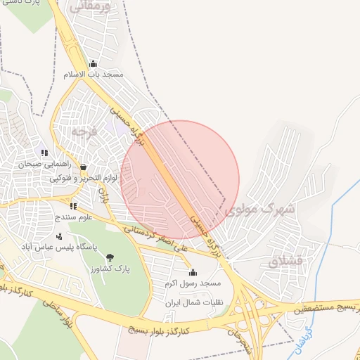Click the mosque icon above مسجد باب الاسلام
[93, 63]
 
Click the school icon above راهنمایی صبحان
[44, 153]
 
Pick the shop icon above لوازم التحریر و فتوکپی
[84, 168]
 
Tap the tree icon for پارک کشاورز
[109, 257]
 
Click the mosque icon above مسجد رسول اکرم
[193, 272]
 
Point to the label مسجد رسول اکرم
[193, 283]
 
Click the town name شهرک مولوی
[256, 209]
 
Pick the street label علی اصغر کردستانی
[156, 239]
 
